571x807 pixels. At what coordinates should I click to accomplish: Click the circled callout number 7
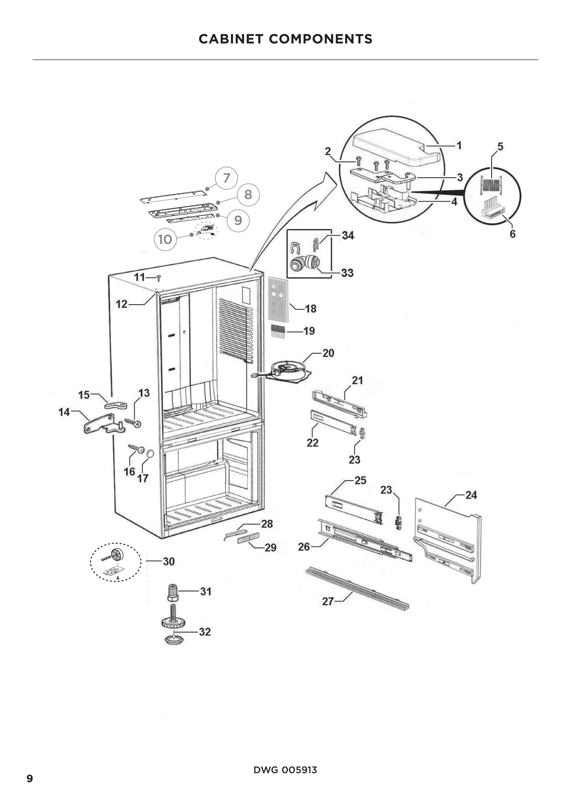[x=226, y=178]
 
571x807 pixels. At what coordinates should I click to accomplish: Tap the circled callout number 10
[x=165, y=239]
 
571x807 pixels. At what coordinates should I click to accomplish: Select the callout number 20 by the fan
[x=328, y=353]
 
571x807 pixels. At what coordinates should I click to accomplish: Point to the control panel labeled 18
[x=278, y=299]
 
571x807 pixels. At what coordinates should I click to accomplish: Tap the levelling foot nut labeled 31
[x=173, y=592]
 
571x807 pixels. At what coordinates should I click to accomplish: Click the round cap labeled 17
[x=150, y=454]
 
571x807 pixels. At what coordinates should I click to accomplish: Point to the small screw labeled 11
[x=158, y=278]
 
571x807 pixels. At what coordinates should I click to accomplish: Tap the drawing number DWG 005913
[x=285, y=770]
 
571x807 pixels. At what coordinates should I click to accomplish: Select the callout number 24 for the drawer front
[x=471, y=495]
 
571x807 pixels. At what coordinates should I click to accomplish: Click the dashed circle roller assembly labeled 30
[x=116, y=562]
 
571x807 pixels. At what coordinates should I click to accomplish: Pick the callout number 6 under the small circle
[x=512, y=234]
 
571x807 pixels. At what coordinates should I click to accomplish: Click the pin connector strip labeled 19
[x=278, y=331]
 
